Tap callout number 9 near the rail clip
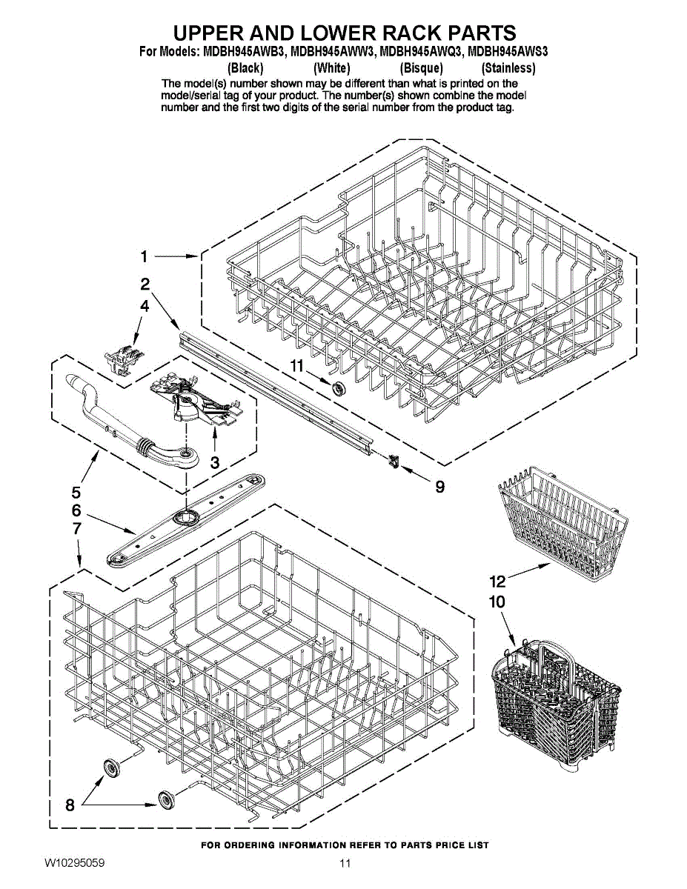[x=439, y=487]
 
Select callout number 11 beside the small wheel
[x=297, y=365]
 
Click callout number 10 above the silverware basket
[x=497, y=602]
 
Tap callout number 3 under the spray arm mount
[x=215, y=462]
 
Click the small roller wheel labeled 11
[x=340, y=388]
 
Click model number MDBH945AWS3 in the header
[x=508, y=53]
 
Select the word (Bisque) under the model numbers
[x=421, y=68]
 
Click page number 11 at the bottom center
[x=345, y=864]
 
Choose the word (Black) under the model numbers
[x=245, y=68]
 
